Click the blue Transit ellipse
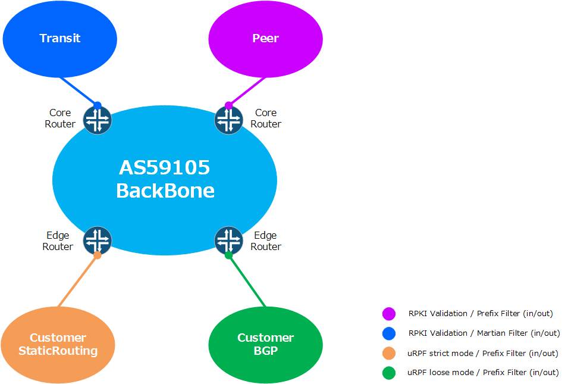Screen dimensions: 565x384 point(60,39)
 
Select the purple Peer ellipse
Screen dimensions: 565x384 point(266,39)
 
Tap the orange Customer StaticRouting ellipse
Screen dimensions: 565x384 point(58,345)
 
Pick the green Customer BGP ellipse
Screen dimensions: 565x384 point(266,345)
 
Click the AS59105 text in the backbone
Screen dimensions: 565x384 point(164,168)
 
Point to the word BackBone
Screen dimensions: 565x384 point(165,191)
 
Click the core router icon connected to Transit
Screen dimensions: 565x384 point(98,120)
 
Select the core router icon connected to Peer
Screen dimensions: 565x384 point(228,120)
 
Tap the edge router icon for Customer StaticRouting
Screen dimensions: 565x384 point(98,241)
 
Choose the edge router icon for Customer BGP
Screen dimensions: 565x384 point(228,241)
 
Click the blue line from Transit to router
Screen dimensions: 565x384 point(79,91)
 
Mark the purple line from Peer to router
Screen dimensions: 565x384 point(247,91)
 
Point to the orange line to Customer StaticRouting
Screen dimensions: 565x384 point(77,281)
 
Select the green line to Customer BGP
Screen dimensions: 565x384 point(247,281)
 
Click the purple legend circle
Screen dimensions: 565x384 point(389,314)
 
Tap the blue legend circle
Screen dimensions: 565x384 point(389,333)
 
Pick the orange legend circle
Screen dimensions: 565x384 point(389,354)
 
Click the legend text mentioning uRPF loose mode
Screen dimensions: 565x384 point(483,373)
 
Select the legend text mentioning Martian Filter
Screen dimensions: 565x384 point(484,333)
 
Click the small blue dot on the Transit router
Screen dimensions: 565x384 point(98,105)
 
